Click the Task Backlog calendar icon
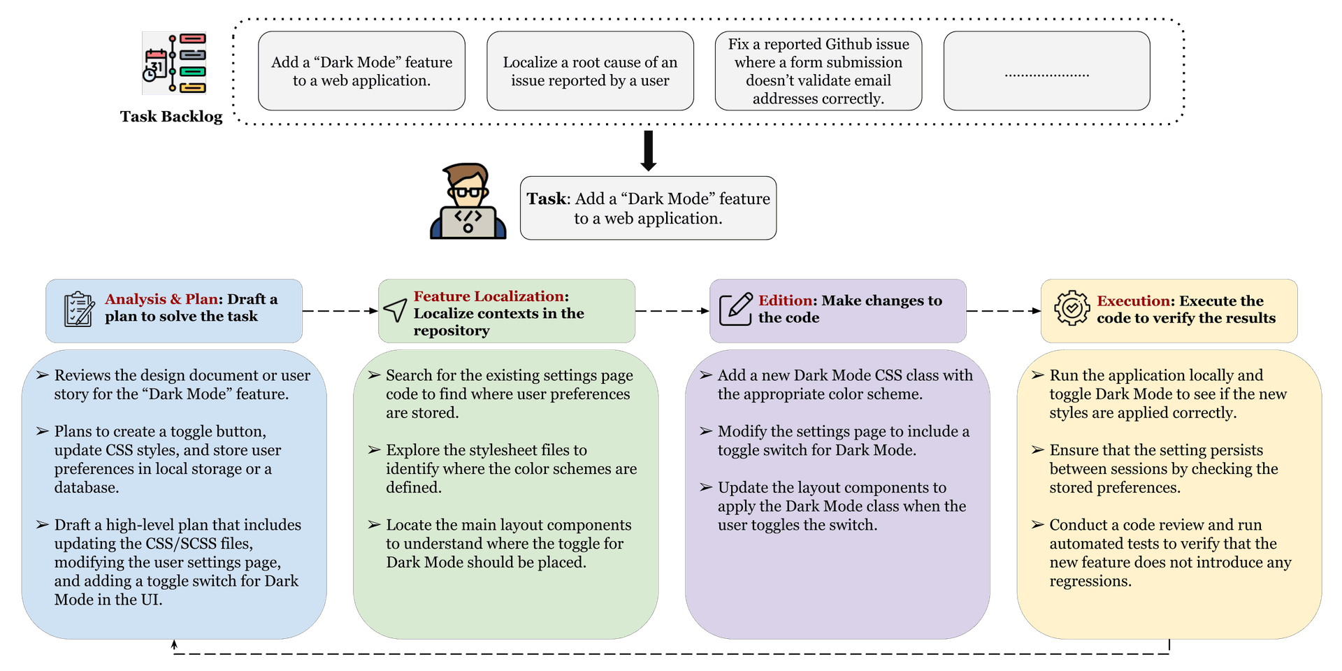(x=175, y=63)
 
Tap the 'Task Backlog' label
(x=171, y=117)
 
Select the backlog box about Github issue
(x=818, y=71)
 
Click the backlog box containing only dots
(x=1047, y=71)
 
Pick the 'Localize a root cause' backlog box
(x=591, y=71)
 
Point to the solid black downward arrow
(x=649, y=150)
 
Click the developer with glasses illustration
(x=468, y=201)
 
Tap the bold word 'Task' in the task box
(x=547, y=199)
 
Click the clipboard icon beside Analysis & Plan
(x=79, y=310)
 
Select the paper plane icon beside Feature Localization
(x=396, y=310)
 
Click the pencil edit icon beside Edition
(x=736, y=309)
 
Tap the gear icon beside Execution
(x=1072, y=308)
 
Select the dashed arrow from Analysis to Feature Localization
(x=340, y=311)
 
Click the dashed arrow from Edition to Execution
(x=1004, y=311)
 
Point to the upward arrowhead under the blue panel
(x=174, y=644)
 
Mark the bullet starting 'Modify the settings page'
(x=835, y=441)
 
